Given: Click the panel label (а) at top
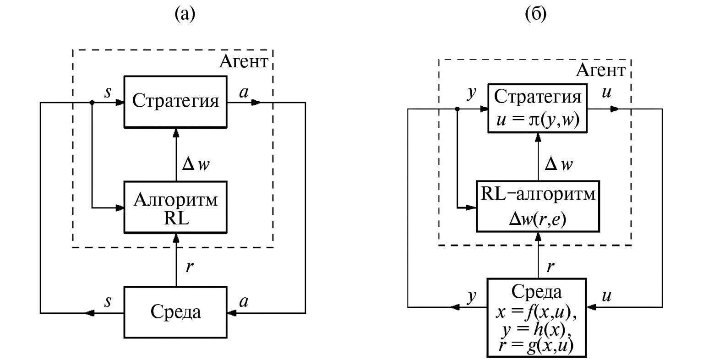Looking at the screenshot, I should click(x=185, y=15).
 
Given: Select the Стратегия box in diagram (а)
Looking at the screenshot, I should click(x=175, y=102).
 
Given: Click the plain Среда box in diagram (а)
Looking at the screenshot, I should click(x=175, y=312).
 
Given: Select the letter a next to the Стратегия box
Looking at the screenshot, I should click(x=244, y=92).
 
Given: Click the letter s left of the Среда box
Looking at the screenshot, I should click(x=109, y=301).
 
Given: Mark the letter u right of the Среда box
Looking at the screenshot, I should click(x=606, y=296).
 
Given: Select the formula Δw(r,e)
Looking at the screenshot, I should click(x=538, y=219).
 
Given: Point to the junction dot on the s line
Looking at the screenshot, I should click(x=92, y=103).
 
